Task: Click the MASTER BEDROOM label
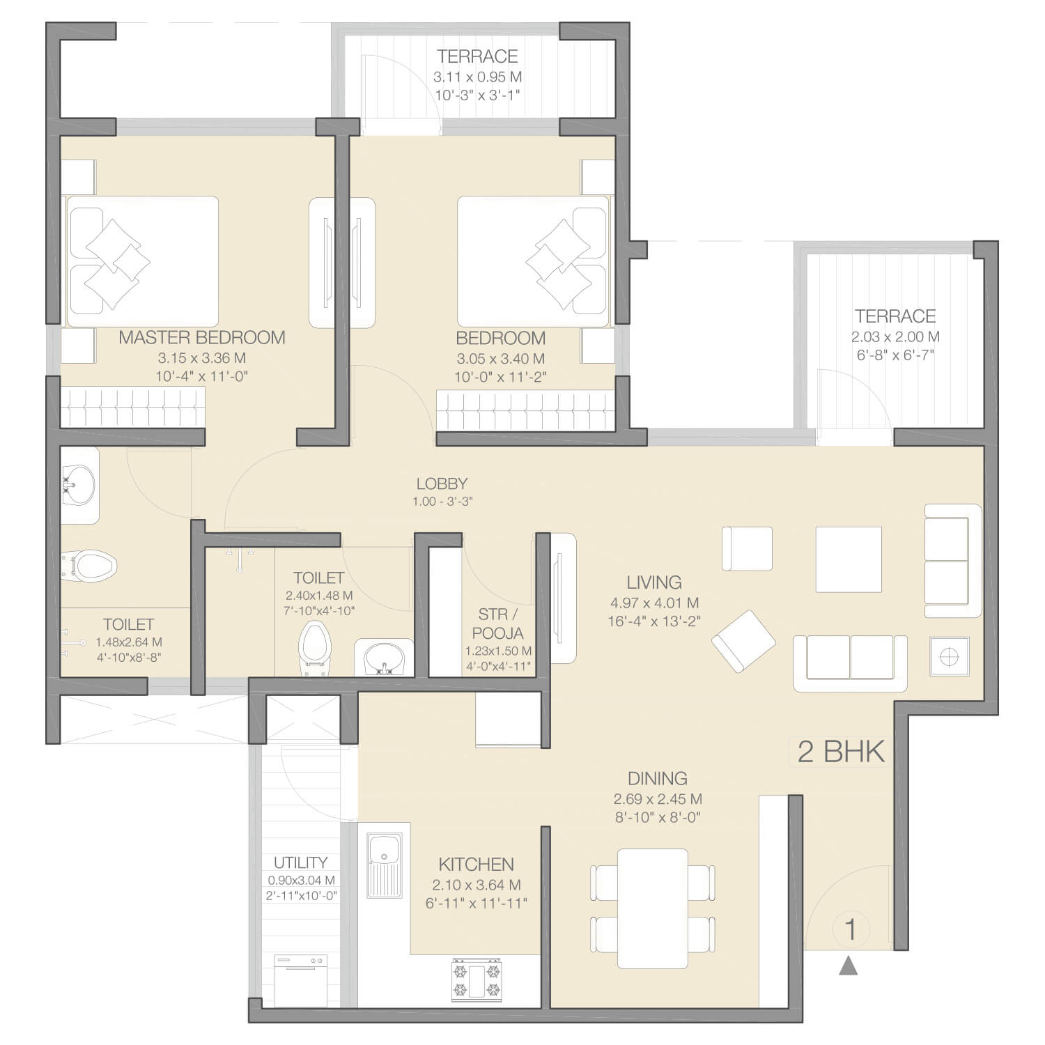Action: [202, 338]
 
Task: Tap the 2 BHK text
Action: [841, 752]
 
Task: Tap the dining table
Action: [653, 908]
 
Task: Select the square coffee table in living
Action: [849, 559]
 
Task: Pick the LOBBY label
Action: [442, 483]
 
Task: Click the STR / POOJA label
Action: [498, 624]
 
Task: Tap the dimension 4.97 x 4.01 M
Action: [654, 603]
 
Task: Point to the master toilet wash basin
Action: [79, 484]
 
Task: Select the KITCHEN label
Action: [477, 865]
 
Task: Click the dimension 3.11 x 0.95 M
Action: [478, 77]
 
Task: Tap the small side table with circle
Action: [950, 656]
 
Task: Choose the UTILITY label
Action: [300, 862]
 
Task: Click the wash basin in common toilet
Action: [382, 658]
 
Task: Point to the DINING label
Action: [658, 779]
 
